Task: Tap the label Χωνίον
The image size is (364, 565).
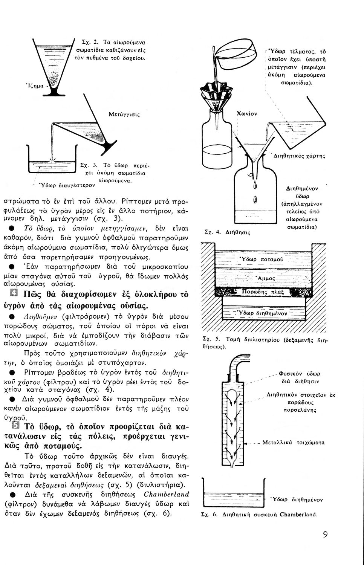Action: point(246,113)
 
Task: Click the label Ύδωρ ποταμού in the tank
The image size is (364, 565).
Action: point(262,260)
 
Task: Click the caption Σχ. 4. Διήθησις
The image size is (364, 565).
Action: point(227,232)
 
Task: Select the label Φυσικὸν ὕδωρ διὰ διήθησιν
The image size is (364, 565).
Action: point(300,377)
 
